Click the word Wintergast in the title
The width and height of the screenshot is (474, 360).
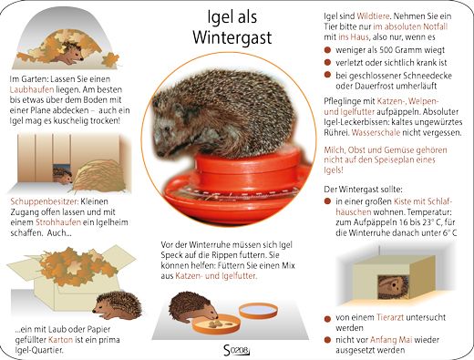tap(232, 37)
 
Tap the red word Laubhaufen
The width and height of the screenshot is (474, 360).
tap(32, 89)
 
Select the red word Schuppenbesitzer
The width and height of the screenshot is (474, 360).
tap(45, 201)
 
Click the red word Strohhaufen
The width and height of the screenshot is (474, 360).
tap(58, 222)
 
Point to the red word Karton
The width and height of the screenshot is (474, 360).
tap(60, 340)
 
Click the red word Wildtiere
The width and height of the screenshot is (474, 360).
tap(373, 16)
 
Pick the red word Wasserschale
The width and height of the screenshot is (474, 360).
tap(376, 133)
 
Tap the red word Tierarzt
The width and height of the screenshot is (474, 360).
tap(390, 317)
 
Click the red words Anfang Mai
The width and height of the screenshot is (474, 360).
tap(391, 340)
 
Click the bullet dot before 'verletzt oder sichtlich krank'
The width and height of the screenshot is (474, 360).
tap(327, 62)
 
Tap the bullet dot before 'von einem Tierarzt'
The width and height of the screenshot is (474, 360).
tap(327, 319)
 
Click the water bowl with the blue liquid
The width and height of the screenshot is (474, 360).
tap(258, 311)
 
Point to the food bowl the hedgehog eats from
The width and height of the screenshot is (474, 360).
tap(216, 324)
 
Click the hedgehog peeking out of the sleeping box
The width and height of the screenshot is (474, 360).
tap(394, 287)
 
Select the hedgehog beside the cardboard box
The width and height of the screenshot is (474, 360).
tap(118, 305)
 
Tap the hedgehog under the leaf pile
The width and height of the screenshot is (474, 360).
tap(68, 53)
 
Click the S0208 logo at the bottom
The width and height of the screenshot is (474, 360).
tap(236, 350)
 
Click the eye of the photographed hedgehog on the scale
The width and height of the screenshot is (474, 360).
tap(167, 129)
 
